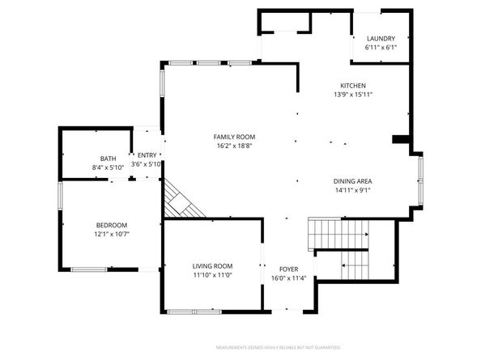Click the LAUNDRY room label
(380, 39)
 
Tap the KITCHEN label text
(352, 86)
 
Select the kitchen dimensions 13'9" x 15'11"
(352, 95)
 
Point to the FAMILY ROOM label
(234, 138)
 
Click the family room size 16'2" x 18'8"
(234, 146)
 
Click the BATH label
(108, 159)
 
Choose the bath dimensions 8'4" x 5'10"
(108, 167)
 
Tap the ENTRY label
(147, 155)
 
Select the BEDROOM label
(112, 225)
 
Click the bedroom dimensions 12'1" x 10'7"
(112, 234)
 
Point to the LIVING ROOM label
(212, 266)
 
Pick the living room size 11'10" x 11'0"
(212, 275)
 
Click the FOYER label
(289, 269)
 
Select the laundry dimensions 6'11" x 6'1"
(380, 48)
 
